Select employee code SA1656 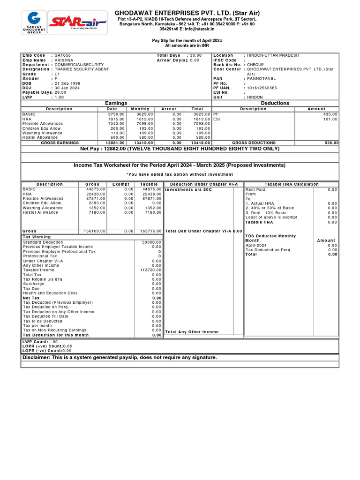tap(63, 55)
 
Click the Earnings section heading tap(116, 103)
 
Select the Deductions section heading tap(275, 103)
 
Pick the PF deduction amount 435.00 tap(330, 114)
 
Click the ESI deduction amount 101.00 tap(330, 119)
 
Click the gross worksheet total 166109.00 tap(95, 231)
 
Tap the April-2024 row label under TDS tap(256, 245)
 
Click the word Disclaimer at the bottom tap(37, 357)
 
